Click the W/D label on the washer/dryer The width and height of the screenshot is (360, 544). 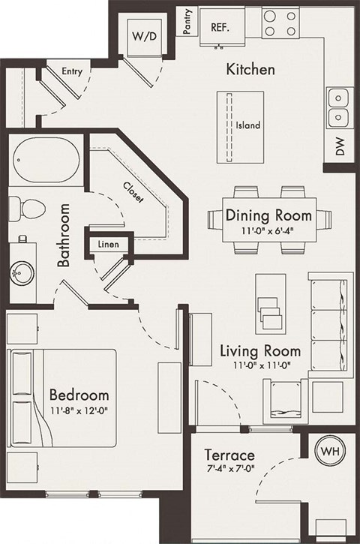click(141, 35)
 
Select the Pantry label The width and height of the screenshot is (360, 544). click(187, 22)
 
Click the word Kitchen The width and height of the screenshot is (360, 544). click(250, 70)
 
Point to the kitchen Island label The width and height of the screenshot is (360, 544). click(247, 125)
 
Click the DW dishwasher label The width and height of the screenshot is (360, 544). click(340, 149)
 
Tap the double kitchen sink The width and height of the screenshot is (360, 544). click(340, 107)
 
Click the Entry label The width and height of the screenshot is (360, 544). click(72, 72)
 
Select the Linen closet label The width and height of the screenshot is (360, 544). click(109, 245)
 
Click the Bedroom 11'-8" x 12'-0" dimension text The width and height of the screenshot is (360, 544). click(79, 410)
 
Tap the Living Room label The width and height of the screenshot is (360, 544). click(259, 350)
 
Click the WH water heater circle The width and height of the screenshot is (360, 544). click(328, 452)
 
